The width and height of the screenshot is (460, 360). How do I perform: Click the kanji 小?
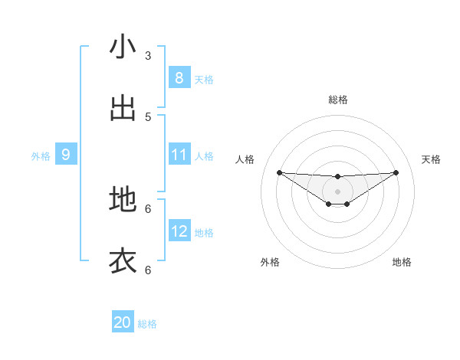123,47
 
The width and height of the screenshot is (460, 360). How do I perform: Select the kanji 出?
123,108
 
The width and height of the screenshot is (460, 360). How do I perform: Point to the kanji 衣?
123,260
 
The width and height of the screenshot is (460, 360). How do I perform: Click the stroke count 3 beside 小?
148,55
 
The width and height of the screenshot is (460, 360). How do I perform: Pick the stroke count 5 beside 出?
148,116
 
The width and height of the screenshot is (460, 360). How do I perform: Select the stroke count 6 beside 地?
148,208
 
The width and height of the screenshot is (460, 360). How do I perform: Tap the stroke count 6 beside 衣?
148,269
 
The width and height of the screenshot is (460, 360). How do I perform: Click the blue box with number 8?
179,78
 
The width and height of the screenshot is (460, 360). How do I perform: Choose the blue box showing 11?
179,155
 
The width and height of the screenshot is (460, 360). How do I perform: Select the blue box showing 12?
179,231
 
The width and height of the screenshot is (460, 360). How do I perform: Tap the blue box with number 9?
66,155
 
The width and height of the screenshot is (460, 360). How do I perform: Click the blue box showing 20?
123,322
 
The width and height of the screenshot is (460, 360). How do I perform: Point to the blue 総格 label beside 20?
147,324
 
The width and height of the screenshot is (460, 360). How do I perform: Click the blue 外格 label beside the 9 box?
41,156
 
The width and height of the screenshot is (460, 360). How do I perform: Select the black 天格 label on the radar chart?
432,159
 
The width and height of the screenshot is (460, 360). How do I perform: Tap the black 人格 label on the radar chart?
245,159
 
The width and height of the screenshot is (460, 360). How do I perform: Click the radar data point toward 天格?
396,172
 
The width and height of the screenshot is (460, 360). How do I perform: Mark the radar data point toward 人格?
279,172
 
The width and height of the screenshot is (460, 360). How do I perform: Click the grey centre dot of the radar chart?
337,191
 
